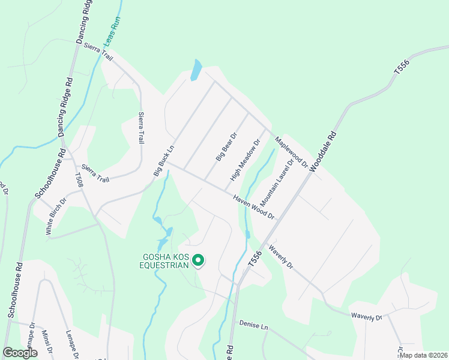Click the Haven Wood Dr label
click(254, 206)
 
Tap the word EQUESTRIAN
click(164, 265)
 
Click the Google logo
click(20, 353)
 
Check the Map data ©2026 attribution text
click(423, 355)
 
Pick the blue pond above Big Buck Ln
click(196, 70)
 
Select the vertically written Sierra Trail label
click(142, 127)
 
